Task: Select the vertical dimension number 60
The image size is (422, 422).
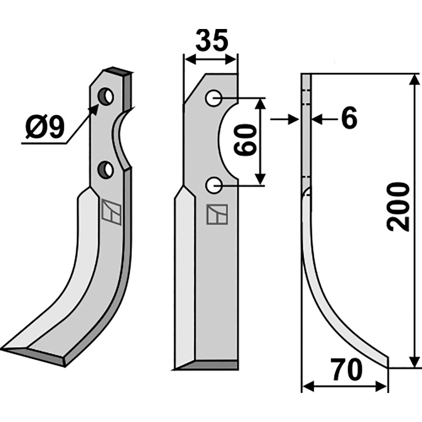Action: (x=244, y=140)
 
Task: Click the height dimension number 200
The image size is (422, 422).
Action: (x=398, y=207)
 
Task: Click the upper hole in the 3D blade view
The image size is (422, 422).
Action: (x=106, y=97)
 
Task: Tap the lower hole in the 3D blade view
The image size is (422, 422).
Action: (x=106, y=169)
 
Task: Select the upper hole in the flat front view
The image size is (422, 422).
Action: (x=214, y=99)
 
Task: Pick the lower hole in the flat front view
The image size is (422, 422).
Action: (x=214, y=186)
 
